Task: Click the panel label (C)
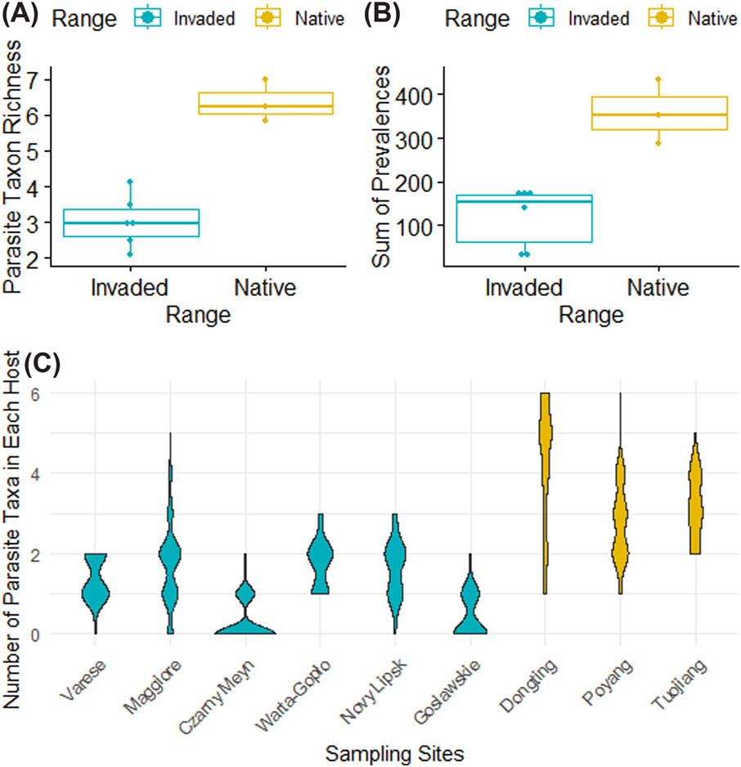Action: pyautogui.click(x=19, y=363)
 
